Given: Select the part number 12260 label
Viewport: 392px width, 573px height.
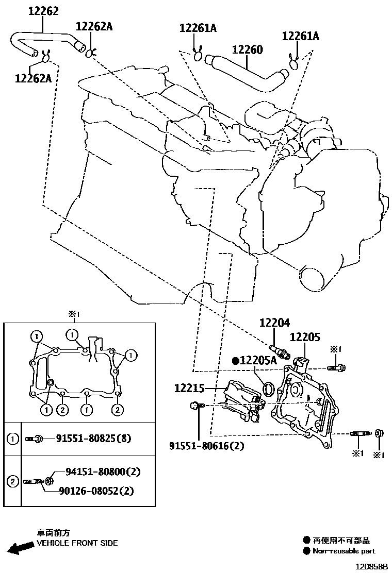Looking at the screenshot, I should pyautogui.click(x=247, y=50).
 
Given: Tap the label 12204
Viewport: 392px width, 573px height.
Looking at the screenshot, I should pyautogui.click(x=274, y=323).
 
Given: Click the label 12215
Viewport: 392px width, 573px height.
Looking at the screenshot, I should pyautogui.click(x=190, y=388).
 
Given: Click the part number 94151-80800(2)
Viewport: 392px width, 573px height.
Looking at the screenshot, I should pyautogui.click(x=103, y=472).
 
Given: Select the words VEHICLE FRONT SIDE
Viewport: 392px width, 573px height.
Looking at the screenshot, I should pyautogui.click(x=77, y=543).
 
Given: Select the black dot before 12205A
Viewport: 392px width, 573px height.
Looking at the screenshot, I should pyautogui.click(x=235, y=361).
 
